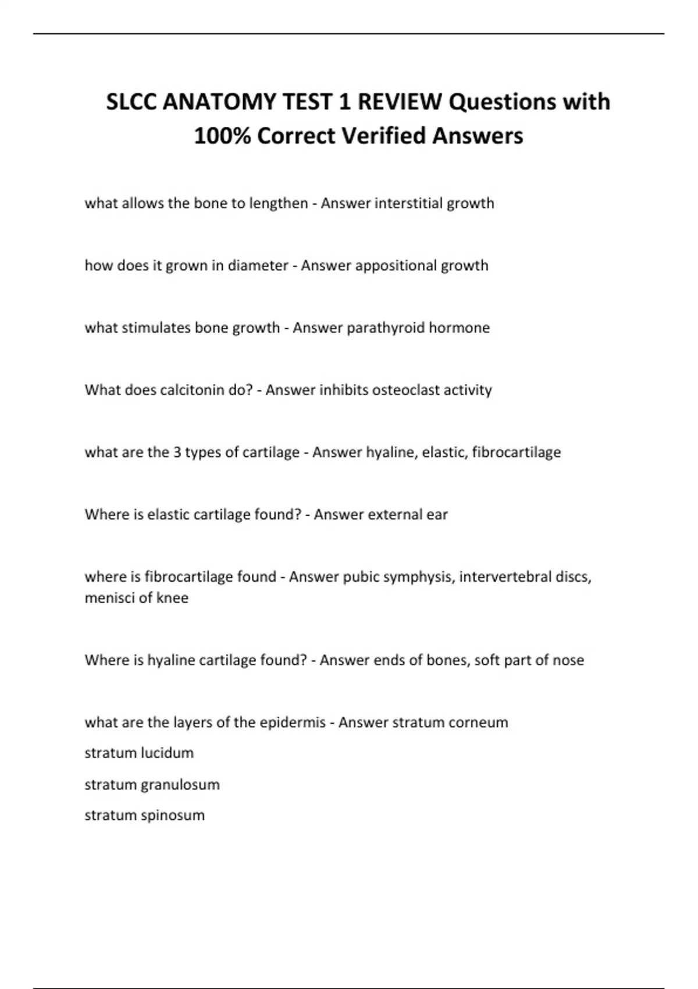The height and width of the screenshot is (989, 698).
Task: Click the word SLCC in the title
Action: coord(132,102)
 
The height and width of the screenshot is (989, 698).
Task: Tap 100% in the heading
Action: coord(222,136)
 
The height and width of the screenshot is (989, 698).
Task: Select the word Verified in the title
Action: coord(384,136)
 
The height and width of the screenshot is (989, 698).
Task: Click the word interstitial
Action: coord(408,203)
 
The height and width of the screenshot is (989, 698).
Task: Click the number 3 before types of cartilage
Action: coord(177,452)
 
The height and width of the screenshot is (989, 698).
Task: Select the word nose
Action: coord(569,660)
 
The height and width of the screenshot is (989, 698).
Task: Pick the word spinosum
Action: coord(173,815)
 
